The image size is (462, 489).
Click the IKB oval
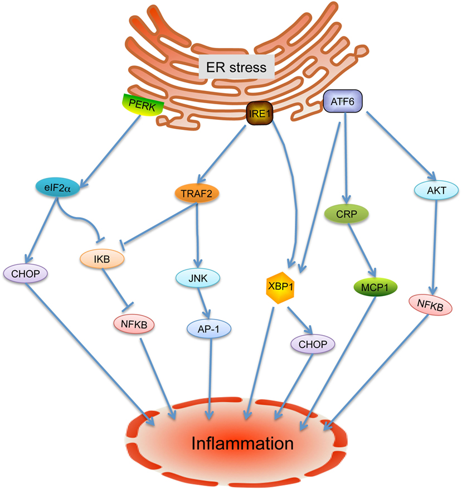pos(101,259)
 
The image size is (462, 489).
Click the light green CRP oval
pos(346,215)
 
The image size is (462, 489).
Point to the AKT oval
pos(436,191)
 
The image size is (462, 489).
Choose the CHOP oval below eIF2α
pos(26,273)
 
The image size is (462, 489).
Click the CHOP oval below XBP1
pos(313,344)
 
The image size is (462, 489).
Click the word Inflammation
pos(242,444)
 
